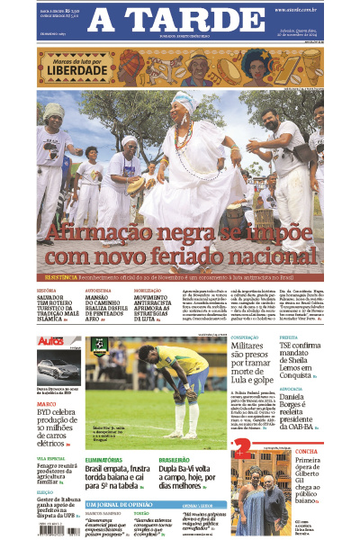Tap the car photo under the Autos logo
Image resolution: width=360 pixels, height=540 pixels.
tap(58, 368)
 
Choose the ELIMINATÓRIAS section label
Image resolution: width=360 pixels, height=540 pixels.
tap(103, 460)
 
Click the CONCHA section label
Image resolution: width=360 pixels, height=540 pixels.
tap(307, 452)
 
